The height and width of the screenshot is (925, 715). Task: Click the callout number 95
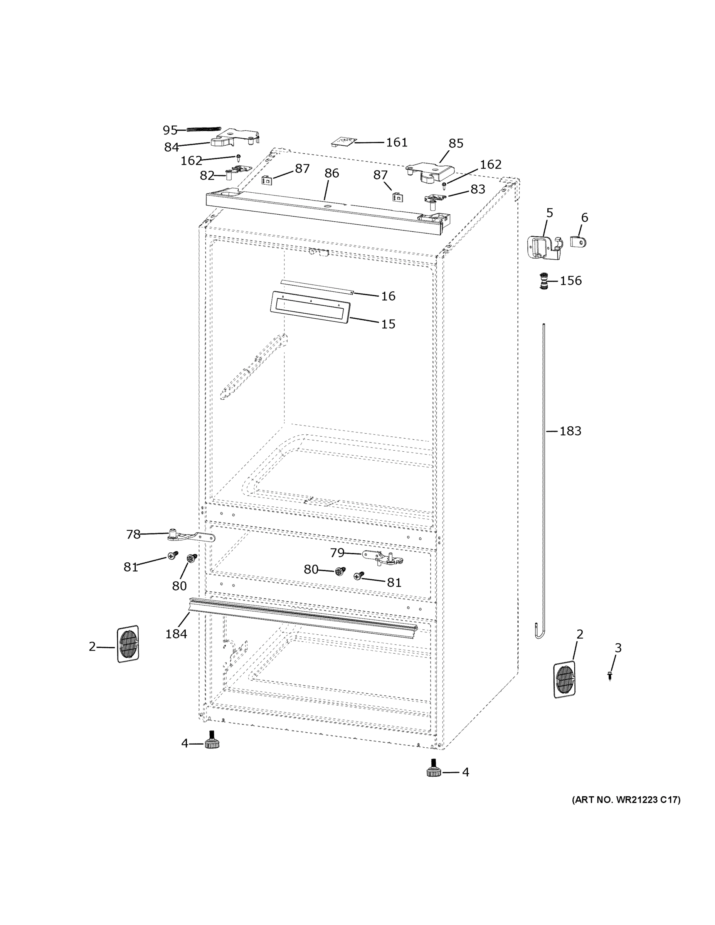[x=170, y=130]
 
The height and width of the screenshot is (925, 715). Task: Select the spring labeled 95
[x=204, y=129]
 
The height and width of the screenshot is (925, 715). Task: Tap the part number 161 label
[x=397, y=142]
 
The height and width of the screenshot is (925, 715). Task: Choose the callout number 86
[x=331, y=173]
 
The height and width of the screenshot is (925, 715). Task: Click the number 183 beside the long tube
[x=570, y=431]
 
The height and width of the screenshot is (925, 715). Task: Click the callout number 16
[x=388, y=296]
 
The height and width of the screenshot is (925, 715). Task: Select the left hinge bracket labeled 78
[x=191, y=537]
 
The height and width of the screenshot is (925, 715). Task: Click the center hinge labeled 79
[x=384, y=558]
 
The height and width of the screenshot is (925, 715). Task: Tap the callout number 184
[x=176, y=634]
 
